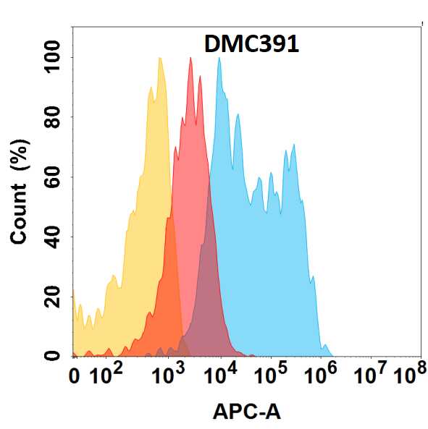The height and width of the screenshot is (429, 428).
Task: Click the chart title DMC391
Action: [x=251, y=44]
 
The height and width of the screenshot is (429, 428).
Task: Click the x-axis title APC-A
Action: [x=247, y=412]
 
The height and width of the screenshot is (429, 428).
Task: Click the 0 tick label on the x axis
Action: [x=74, y=377]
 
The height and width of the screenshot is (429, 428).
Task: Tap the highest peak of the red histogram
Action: [x=190, y=58]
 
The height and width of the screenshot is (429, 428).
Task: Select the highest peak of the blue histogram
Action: [x=219, y=59]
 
